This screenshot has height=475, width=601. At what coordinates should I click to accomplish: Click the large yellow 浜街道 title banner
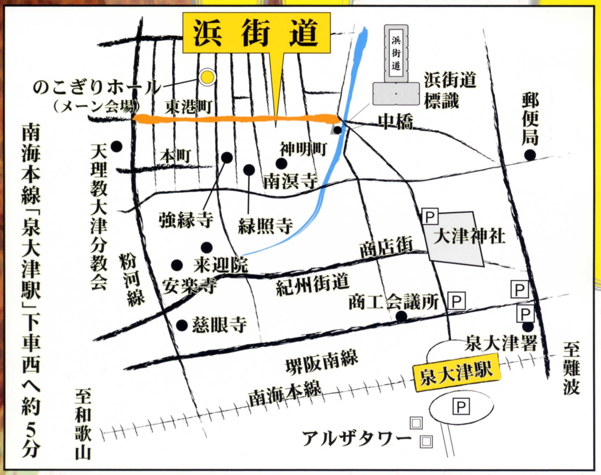[256, 33]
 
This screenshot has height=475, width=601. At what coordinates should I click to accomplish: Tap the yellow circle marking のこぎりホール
[207, 77]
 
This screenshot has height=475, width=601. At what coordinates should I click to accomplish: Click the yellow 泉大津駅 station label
[456, 373]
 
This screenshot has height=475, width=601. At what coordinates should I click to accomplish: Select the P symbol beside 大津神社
[430, 216]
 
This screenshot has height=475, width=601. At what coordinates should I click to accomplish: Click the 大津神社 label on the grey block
[469, 236]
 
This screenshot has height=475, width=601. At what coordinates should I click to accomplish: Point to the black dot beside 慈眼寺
[182, 325]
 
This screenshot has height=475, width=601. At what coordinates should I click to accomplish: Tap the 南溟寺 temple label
[290, 182]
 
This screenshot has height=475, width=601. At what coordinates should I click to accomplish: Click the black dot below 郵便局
[530, 155]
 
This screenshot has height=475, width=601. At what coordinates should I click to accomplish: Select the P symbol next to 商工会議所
[456, 300]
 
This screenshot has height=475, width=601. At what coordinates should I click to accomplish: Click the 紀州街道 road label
[313, 284]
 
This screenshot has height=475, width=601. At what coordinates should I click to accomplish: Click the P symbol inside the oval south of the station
[461, 407]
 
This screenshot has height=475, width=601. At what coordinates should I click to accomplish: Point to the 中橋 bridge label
[395, 122]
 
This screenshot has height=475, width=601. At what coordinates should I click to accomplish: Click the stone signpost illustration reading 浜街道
[396, 65]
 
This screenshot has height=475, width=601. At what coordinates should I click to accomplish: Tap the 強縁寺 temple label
[186, 219]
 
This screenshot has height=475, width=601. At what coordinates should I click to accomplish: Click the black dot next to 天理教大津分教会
[116, 147]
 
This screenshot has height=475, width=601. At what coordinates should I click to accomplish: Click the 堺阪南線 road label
[322, 363]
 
